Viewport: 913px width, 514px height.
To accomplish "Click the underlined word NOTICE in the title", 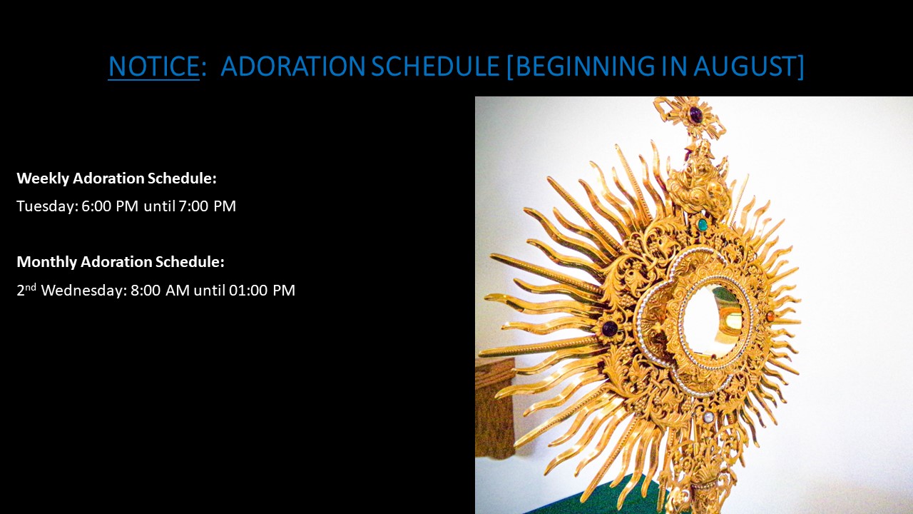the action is [x=153, y=66].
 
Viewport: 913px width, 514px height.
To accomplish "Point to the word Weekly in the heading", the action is [x=42, y=178].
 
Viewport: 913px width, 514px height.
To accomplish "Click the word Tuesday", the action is [x=47, y=206].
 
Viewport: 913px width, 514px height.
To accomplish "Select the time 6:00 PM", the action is [x=110, y=206].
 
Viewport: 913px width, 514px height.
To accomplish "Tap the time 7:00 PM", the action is [x=208, y=206].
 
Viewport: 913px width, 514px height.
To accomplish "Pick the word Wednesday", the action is [x=83, y=291].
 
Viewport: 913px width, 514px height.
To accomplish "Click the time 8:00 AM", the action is [x=160, y=291].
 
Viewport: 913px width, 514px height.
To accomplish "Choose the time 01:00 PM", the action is [x=262, y=291].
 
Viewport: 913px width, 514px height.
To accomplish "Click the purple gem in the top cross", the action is [x=695, y=114].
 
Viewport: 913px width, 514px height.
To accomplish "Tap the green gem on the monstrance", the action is [x=703, y=223].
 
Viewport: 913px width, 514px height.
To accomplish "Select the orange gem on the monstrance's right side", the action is [x=770, y=316].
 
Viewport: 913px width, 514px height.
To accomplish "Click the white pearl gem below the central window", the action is [x=709, y=416].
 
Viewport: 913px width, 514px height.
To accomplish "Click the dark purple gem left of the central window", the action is [x=610, y=328].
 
